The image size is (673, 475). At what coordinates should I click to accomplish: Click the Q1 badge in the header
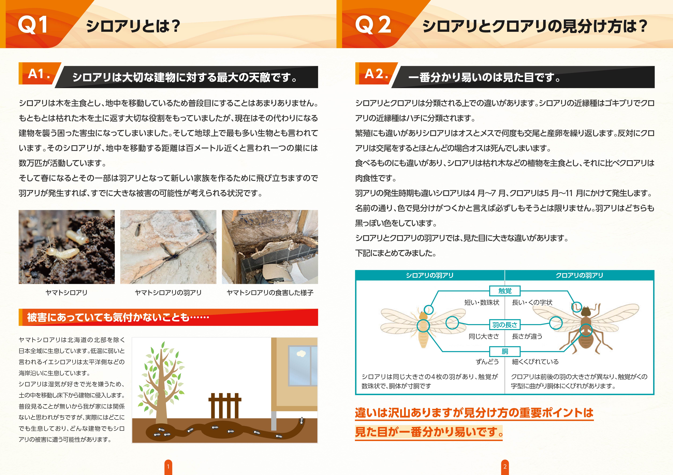point(33,25)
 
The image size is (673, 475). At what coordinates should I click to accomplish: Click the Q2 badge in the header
point(373,25)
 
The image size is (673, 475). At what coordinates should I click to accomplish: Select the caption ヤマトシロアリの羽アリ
point(168,292)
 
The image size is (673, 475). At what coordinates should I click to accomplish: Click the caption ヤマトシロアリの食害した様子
point(270,292)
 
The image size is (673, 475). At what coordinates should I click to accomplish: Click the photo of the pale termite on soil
point(67,247)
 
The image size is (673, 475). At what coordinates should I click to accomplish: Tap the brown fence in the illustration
point(225,406)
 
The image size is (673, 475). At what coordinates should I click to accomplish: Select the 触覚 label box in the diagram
point(505,291)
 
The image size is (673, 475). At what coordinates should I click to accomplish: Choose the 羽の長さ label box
point(505,325)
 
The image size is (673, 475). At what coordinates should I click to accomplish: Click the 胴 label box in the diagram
point(505,351)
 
